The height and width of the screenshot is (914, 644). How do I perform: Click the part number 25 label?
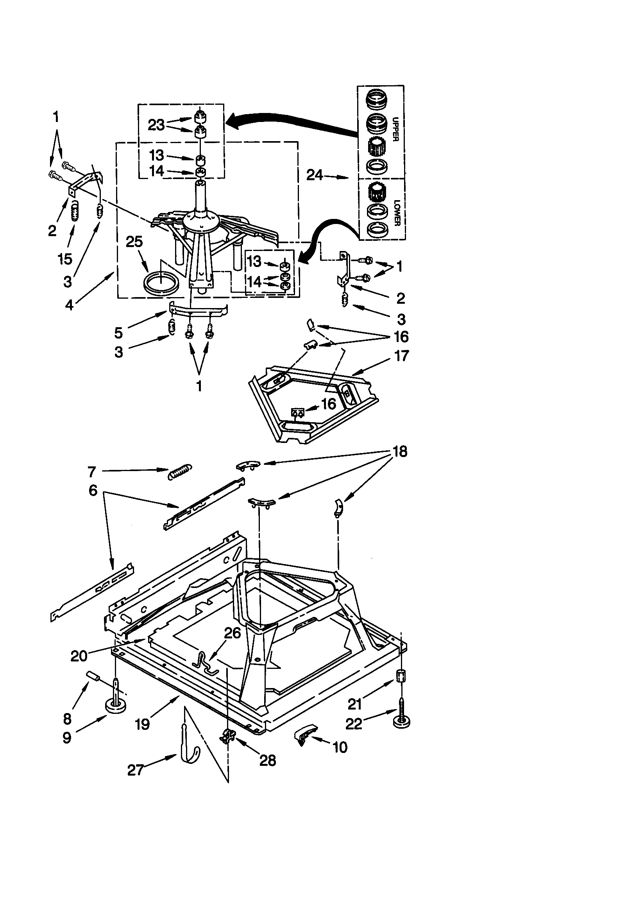coord(134,242)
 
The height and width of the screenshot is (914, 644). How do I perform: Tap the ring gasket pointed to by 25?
coord(161,284)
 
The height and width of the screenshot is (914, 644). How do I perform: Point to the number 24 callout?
coord(315,175)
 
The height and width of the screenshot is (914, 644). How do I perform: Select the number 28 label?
coord(267,761)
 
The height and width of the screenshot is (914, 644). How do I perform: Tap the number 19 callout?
coord(143,724)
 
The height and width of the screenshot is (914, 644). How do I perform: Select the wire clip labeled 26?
coord(207,665)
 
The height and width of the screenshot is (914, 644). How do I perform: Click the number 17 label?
coord(401,355)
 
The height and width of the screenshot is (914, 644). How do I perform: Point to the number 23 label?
coord(156,125)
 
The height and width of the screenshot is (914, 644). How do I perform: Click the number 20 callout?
coord(79,656)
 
